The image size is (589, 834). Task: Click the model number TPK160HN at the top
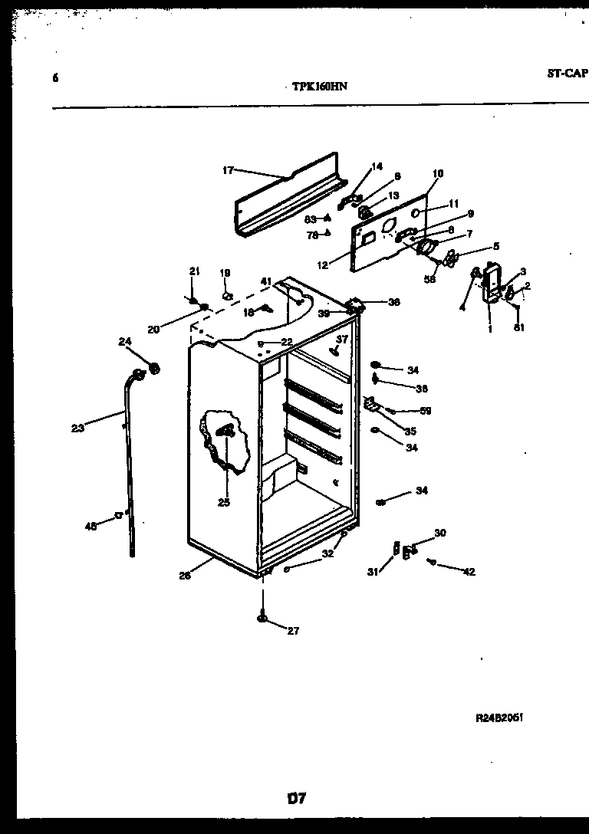(320, 87)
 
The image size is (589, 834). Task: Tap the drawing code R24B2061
(500, 718)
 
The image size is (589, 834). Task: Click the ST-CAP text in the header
(567, 74)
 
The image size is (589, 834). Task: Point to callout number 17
(228, 170)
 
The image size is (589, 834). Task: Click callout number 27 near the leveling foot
(293, 631)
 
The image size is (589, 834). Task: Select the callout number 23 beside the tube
(77, 428)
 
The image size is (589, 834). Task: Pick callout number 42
(469, 571)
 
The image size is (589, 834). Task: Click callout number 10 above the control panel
(437, 174)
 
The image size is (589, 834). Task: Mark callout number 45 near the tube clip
(90, 526)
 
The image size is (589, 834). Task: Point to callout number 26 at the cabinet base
(184, 576)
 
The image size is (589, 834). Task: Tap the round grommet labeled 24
(156, 369)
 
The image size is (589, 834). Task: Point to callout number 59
(425, 411)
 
